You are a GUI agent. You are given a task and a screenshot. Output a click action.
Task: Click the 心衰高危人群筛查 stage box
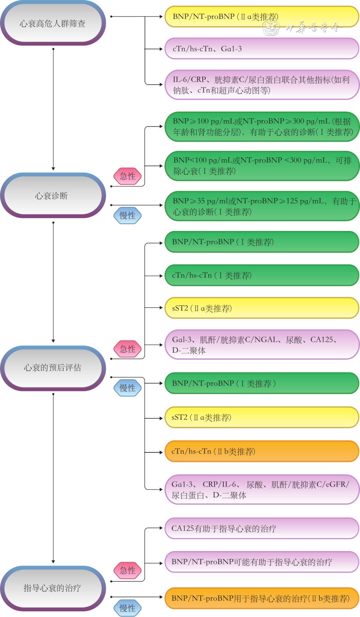click(53, 23)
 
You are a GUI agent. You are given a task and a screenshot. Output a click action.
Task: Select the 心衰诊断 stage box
click(53, 196)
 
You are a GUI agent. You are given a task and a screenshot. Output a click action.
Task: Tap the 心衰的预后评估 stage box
click(53, 368)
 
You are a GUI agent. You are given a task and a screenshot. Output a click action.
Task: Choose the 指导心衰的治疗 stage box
click(53, 588)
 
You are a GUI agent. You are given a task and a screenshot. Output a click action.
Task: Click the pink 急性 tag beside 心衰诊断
click(128, 176)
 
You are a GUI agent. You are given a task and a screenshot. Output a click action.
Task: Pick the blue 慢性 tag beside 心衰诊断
click(128, 215)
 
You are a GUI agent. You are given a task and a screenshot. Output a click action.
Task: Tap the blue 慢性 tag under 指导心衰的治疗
click(128, 608)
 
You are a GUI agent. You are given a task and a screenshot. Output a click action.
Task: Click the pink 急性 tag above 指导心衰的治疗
click(128, 570)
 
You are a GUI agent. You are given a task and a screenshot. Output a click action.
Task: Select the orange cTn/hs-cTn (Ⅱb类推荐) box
click(262, 451)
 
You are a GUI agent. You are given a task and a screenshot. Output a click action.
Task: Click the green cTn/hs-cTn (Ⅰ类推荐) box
click(262, 275)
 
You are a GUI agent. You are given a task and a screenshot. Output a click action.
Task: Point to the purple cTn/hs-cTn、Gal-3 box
click(262, 49)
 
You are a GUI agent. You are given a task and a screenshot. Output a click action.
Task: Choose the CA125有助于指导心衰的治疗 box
click(262, 528)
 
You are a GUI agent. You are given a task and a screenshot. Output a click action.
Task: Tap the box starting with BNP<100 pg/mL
click(262, 166)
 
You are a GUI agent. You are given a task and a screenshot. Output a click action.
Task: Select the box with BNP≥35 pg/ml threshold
click(262, 206)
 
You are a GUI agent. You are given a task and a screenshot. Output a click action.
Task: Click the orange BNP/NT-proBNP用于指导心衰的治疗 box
click(262, 598)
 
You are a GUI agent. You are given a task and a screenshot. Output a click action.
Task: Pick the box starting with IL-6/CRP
click(262, 85)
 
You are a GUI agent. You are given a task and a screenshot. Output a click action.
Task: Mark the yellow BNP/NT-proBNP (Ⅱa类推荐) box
click(262, 17)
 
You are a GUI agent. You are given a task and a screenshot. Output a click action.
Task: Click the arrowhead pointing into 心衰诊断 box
click(53, 169)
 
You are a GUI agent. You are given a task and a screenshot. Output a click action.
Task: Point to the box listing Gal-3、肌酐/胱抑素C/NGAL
click(262, 345)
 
